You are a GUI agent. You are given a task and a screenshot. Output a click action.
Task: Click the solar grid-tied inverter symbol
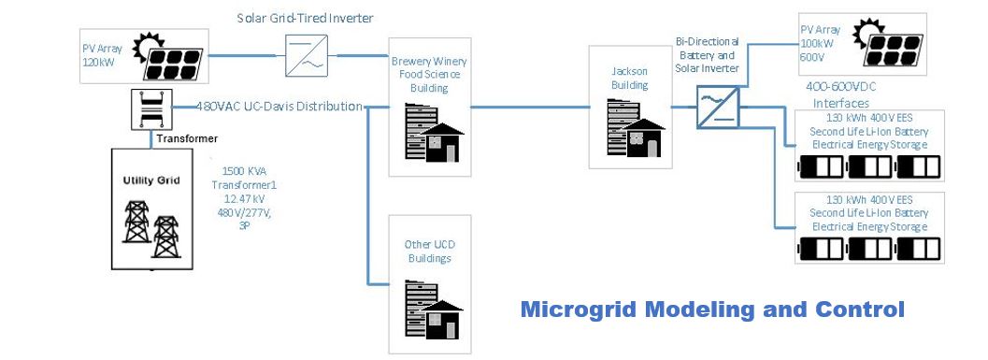306,55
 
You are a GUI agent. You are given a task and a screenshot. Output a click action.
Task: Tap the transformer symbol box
151,109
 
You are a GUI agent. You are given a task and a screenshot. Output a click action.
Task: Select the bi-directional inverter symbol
718,107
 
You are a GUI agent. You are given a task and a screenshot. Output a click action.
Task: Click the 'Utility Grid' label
151,180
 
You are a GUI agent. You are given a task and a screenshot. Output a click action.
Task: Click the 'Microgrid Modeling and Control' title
712,310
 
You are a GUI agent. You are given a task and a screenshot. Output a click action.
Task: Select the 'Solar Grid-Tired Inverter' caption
305,18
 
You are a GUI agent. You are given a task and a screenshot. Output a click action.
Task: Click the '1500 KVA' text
244,171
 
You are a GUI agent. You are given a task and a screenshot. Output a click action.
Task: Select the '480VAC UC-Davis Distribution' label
279,106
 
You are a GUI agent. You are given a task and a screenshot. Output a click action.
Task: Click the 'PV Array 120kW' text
103,55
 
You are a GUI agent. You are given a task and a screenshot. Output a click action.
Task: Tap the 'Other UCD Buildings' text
429,252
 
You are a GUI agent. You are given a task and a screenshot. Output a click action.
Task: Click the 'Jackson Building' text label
629,79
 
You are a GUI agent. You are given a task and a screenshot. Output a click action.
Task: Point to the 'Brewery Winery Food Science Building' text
429,75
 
